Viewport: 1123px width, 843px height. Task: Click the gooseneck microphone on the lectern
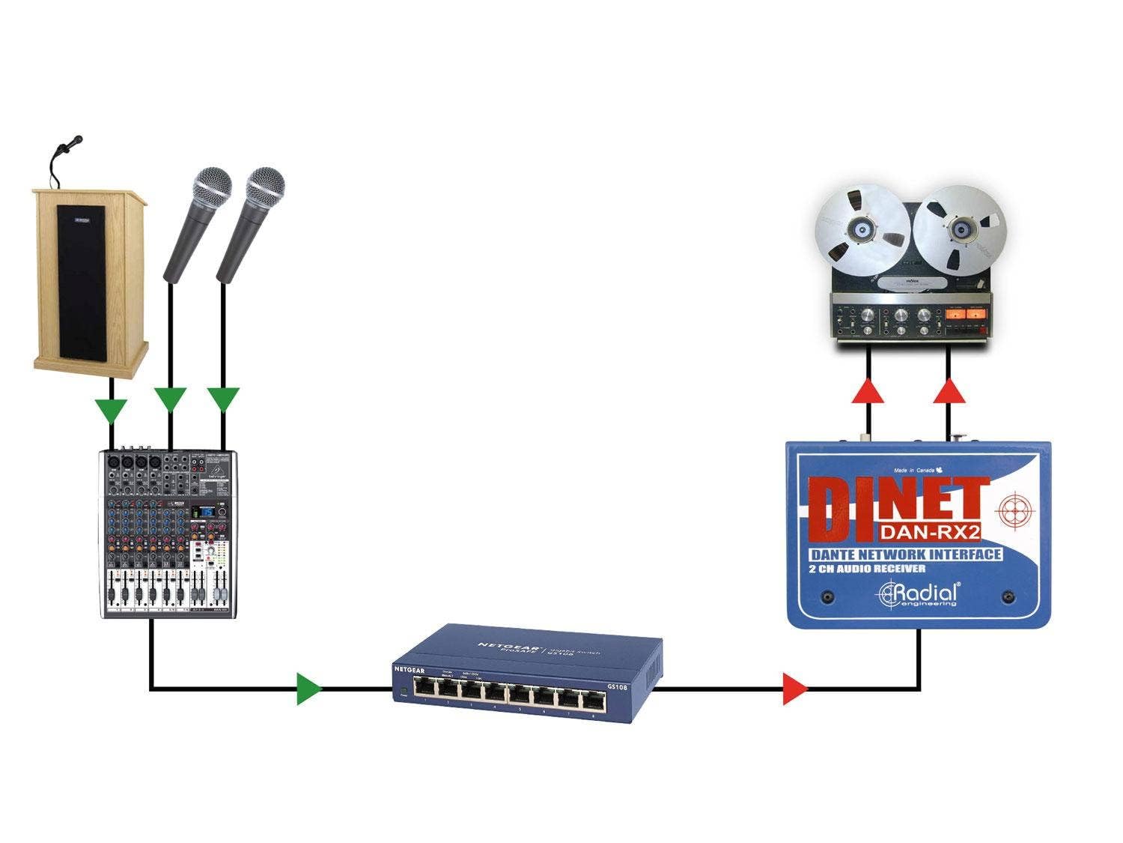[72, 142]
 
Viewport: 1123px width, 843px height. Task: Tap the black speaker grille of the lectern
[82, 283]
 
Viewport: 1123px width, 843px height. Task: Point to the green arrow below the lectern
[111, 411]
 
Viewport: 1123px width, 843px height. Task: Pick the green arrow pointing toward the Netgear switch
[308, 689]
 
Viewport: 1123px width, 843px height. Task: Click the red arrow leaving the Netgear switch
[794, 689]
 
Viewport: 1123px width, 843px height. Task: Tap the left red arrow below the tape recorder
[868, 391]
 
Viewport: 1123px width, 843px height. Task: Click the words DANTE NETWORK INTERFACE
[906, 555]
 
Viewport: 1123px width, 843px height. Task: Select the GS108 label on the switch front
[616, 686]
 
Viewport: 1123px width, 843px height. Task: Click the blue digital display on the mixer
[203, 513]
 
